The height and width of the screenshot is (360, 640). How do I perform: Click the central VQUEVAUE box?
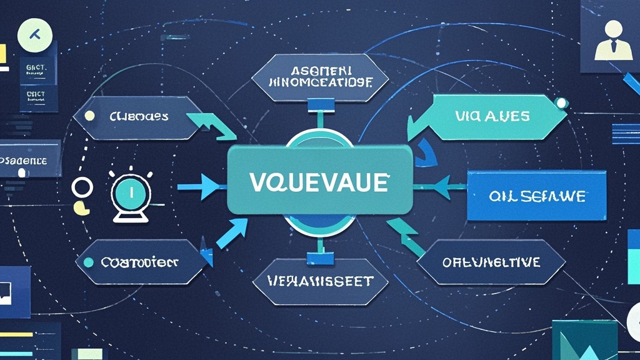[319, 182]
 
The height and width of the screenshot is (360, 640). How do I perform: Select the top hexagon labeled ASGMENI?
[320, 76]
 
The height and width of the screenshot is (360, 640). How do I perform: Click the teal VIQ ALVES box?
[491, 116]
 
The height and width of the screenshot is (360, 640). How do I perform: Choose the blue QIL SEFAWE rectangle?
[537, 196]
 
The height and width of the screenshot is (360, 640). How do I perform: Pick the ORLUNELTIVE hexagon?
[491, 262]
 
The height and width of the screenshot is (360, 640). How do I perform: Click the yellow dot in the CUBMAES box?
[89, 116]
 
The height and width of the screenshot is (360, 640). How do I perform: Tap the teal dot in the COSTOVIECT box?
[89, 262]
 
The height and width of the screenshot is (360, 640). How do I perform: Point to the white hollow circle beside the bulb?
[82, 186]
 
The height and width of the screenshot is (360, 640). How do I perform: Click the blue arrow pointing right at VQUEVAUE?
[200, 186]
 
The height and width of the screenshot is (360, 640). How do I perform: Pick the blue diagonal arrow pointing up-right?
[229, 236]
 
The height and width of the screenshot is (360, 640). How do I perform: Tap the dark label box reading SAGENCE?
[30, 159]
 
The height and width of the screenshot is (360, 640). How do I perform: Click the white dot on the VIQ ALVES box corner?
[562, 101]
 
